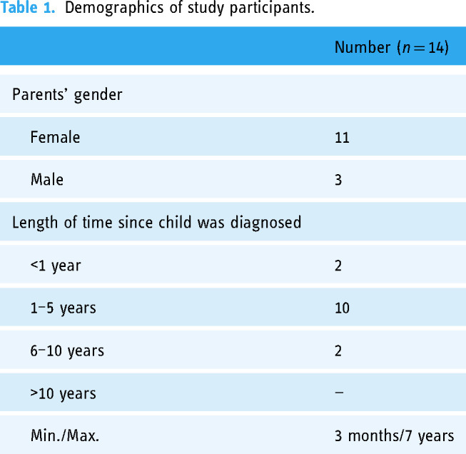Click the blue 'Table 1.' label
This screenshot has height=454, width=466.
pyautogui.click(x=28, y=8)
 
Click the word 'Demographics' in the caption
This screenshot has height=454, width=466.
pyautogui.click(x=114, y=9)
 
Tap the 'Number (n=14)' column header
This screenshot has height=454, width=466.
pyautogui.click(x=391, y=47)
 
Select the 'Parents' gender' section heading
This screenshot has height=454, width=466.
pyautogui.click(x=67, y=95)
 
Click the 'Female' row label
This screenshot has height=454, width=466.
pyautogui.click(x=55, y=137)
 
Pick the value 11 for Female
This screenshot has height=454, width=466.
pyautogui.click(x=342, y=138)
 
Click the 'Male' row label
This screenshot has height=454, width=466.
pyautogui.click(x=47, y=180)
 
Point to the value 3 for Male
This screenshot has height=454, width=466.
pyautogui.click(x=338, y=180)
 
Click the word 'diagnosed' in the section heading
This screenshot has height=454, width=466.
pyautogui.click(x=265, y=223)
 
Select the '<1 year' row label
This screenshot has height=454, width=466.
pyautogui.click(x=56, y=266)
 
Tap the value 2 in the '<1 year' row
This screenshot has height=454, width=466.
pyautogui.click(x=338, y=266)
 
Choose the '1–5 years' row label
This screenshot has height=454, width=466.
pyautogui.click(x=63, y=308)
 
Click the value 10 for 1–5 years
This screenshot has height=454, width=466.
pyautogui.click(x=342, y=308)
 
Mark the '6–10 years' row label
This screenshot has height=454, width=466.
pyautogui.click(x=67, y=350)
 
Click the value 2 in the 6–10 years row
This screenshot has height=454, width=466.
pyautogui.click(x=338, y=350)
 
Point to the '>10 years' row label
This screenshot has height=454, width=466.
pyautogui.click(x=63, y=393)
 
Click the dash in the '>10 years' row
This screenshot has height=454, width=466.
pyautogui.click(x=339, y=393)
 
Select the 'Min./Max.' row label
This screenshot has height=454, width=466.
pyautogui.click(x=65, y=436)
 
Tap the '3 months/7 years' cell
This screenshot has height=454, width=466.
pyautogui.click(x=395, y=436)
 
